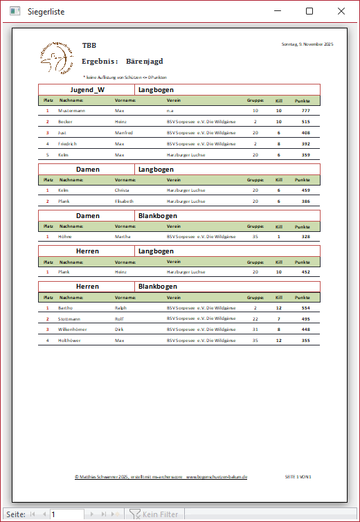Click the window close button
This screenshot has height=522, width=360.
pyautogui.click(x=341, y=11)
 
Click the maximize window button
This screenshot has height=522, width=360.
pyautogui.click(x=309, y=11)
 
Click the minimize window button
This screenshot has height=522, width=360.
pyautogui.click(x=278, y=11)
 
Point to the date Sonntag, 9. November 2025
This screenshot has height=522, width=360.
pyautogui.click(x=307, y=44)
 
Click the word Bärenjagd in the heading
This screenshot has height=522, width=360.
pyautogui.click(x=145, y=61)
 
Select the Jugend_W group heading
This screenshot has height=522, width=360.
pyautogui.click(x=87, y=90)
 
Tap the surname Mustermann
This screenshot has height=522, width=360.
pyautogui.click(x=72, y=110)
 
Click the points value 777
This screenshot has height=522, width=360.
pyautogui.click(x=305, y=110)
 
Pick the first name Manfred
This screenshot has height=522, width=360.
pyautogui.click(x=124, y=132)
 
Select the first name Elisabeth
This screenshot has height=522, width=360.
pyautogui.click(x=124, y=201)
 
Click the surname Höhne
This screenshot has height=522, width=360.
pyautogui.click(x=65, y=236)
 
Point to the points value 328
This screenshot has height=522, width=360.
pyautogui.click(x=305, y=236)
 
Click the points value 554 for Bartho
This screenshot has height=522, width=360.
pyautogui.click(x=305, y=307)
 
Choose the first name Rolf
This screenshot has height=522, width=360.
pyautogui.click(x=119, y=318)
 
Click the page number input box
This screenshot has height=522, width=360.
pyautogui.click(x=66, y=514)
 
